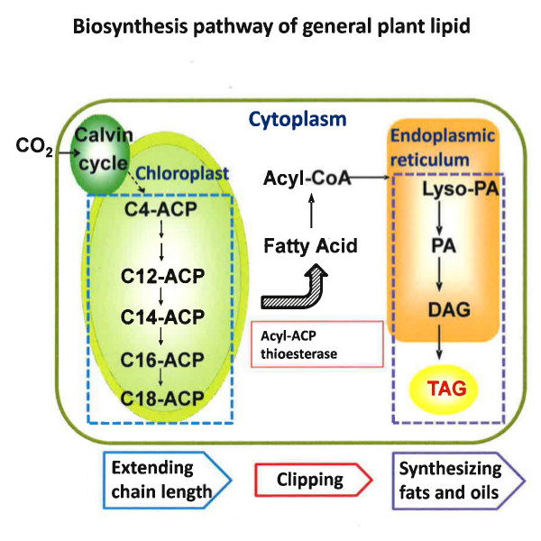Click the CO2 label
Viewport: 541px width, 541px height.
click(x=34, y=144)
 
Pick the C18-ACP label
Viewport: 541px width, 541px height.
click(x=160, y=397)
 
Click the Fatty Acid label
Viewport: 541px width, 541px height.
click(x=309, y=245)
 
